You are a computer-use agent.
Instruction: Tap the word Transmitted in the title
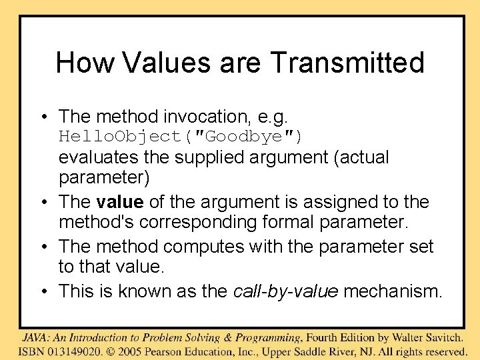click(347, 63)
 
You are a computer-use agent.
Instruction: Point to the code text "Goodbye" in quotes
click(244, 137)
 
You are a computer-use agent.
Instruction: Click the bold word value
click(120, 202)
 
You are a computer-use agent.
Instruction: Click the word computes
click(203, 247)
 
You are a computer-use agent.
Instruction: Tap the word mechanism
click(393, 291)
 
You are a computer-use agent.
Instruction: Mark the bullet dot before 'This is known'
click(43, 291)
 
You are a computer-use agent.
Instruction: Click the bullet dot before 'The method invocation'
click(43, 117)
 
